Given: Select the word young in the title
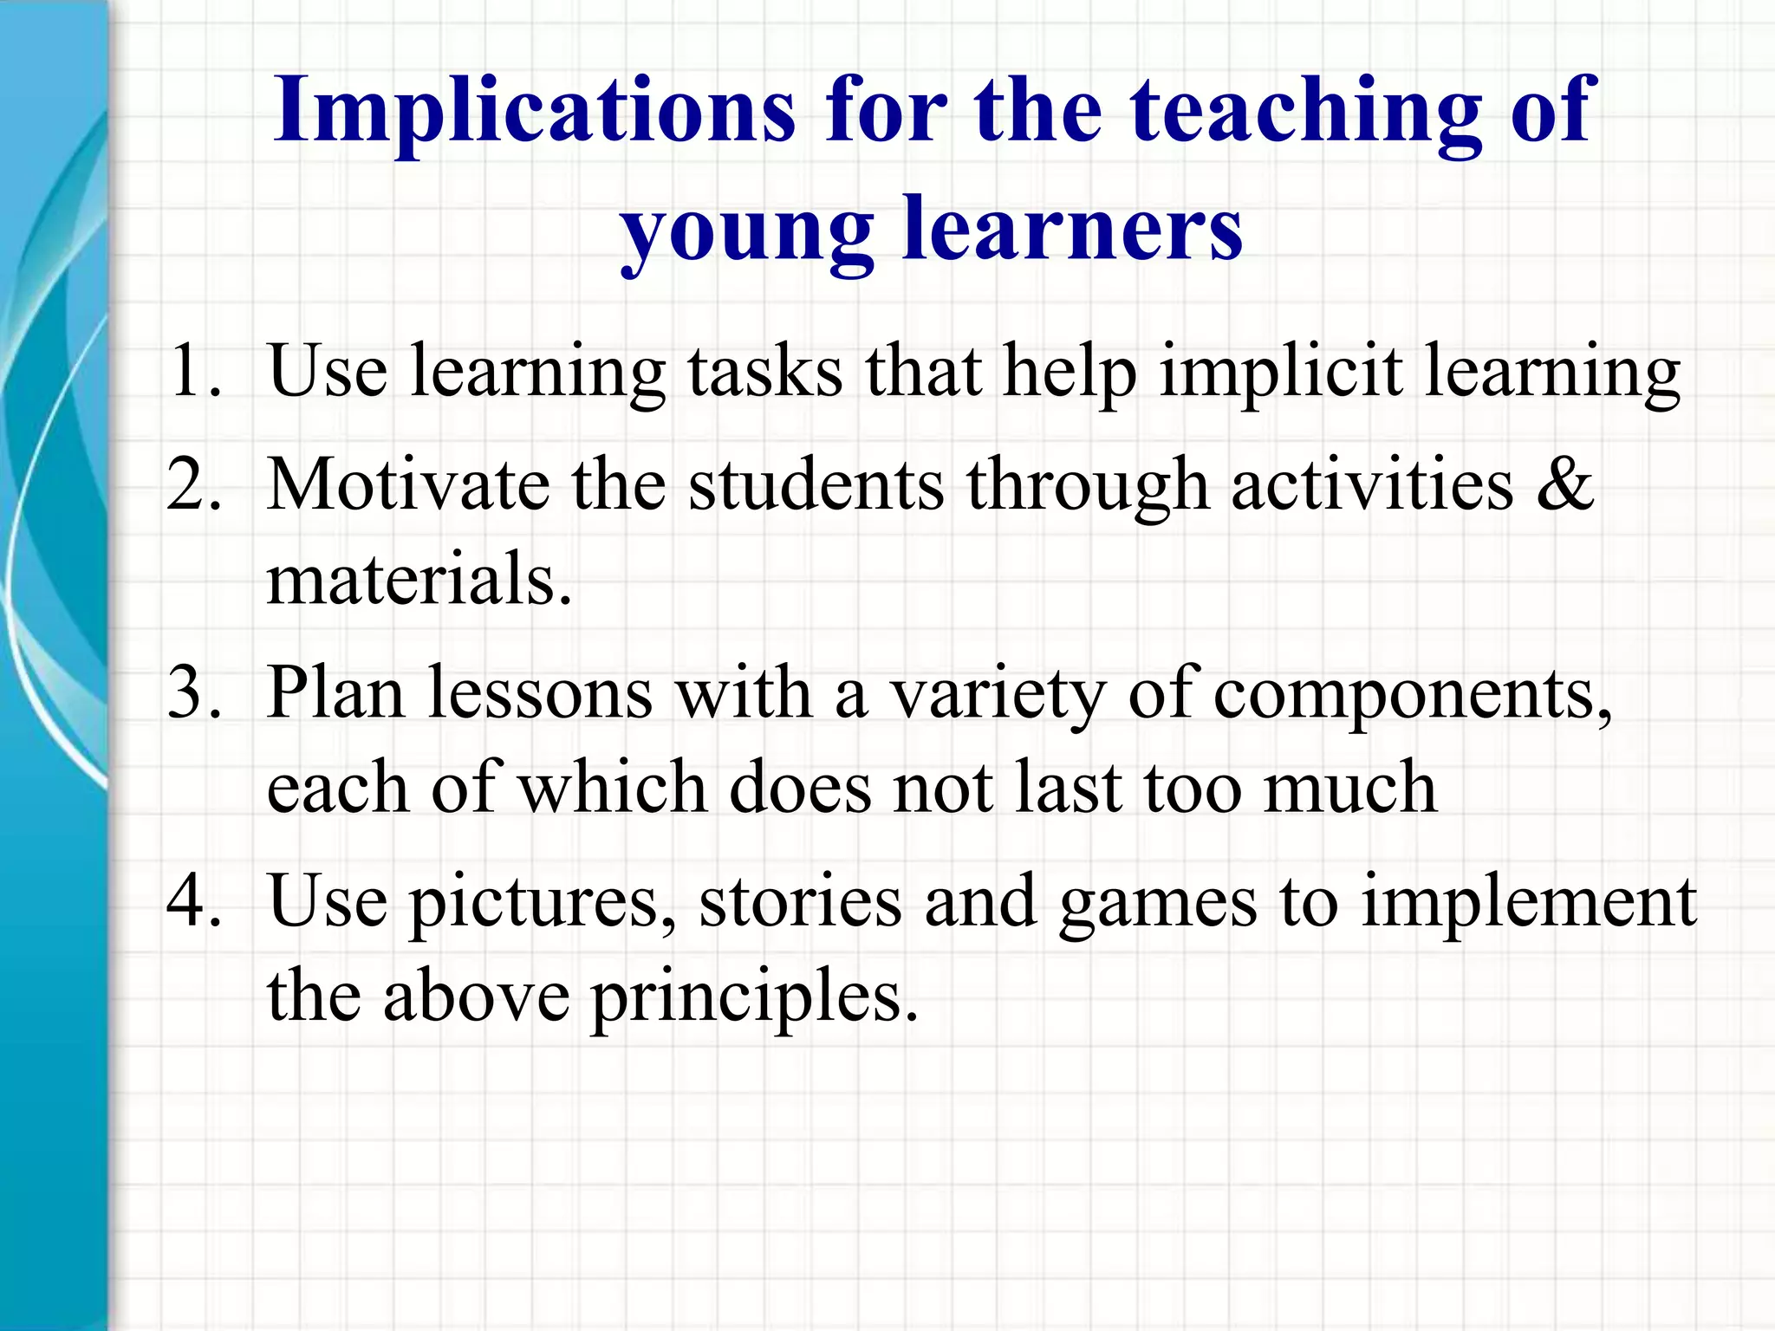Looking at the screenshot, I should (x=747, y=232).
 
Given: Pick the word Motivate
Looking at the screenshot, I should (x=407, y=485).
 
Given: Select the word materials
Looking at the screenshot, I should (x=418, y=579).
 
